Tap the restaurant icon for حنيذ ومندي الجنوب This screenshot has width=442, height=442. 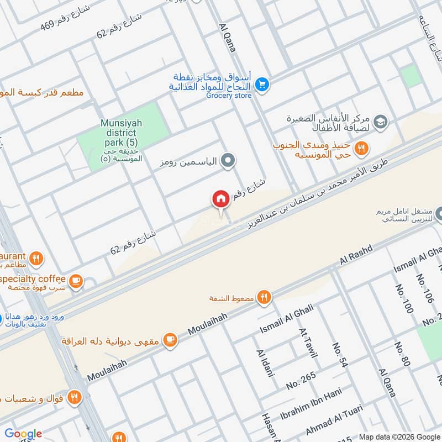(x=361, y=148)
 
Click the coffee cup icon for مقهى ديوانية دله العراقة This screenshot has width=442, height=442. (x=170, y=339)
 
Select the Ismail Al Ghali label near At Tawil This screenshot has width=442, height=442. (x=287, y=319)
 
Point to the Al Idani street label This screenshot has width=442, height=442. (x=265, y=363)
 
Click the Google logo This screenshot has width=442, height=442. (x=23, y=434)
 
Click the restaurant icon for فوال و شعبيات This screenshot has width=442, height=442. (x=74, y=396)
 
